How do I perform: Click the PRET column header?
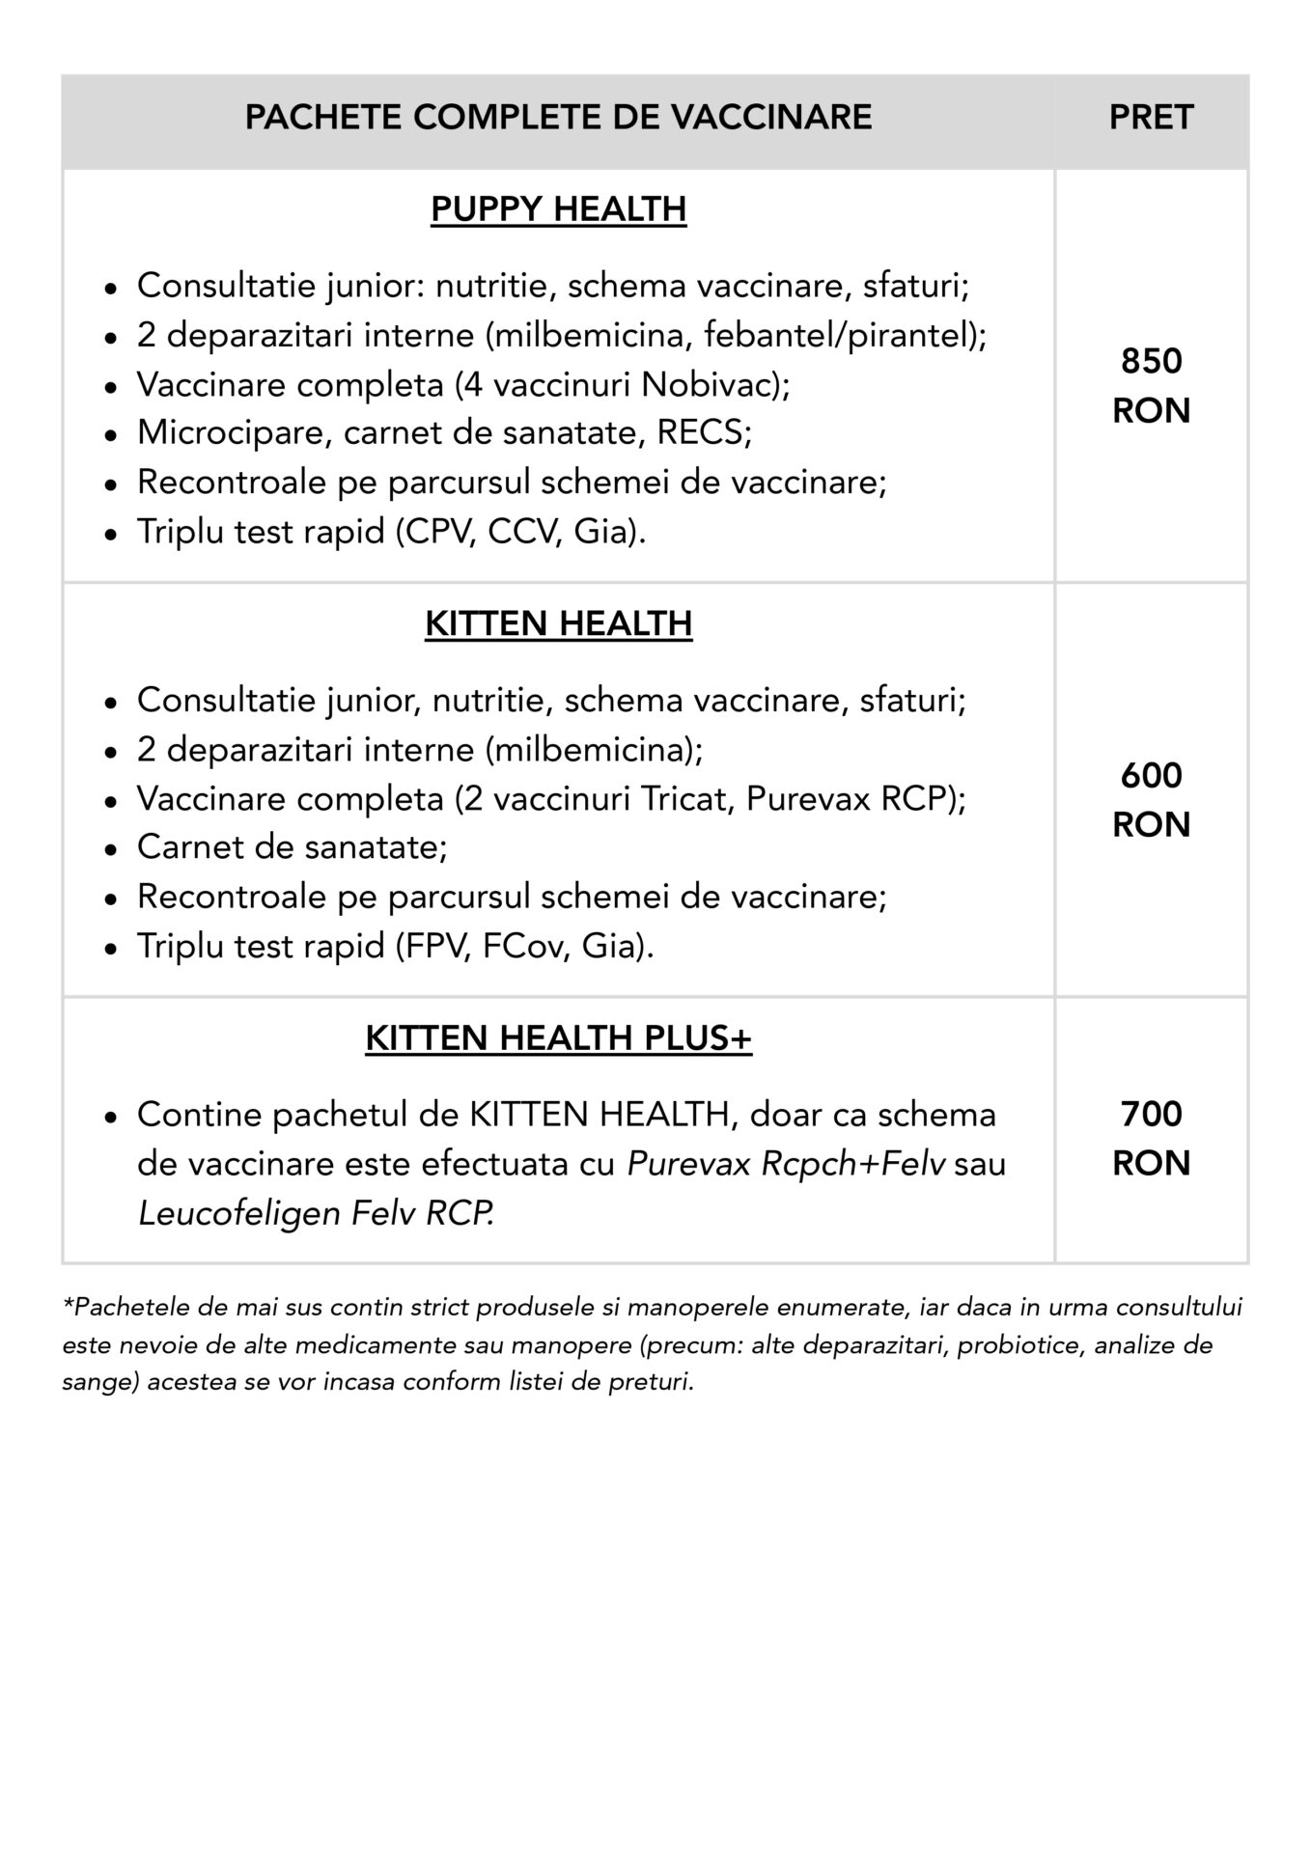[1151, 118]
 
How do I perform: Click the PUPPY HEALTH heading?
[558, 208]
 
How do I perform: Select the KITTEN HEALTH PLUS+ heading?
[558, 1038]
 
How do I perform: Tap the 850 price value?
[1151, 362]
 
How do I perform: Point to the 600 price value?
[1151, 776]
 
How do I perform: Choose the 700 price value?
[1151, 1115]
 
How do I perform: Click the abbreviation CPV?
[440, 532]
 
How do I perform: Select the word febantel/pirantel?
[835, 335]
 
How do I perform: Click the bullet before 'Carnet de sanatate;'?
[112, 849]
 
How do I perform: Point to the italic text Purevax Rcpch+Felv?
[786, 1165]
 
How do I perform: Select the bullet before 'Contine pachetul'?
[112, 1117]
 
